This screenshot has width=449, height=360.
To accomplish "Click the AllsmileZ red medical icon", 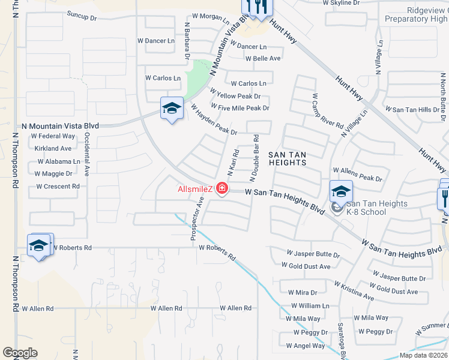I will click(222, 190).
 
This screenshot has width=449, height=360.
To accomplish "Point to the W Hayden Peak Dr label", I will click(214, 119).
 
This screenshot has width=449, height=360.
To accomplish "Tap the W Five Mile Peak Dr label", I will click(240, 108).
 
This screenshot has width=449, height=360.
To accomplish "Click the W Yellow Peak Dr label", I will click(235, 96).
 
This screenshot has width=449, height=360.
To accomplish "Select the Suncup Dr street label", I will click(82, 16).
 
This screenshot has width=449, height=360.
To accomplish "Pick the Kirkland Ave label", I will click(53, 148).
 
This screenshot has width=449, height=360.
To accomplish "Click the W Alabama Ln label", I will click(58, 161).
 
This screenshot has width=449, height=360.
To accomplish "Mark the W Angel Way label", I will click(306, 346).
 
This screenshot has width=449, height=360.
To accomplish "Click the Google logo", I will click(20, 353).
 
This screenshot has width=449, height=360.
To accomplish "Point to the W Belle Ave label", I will click(263, 58).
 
